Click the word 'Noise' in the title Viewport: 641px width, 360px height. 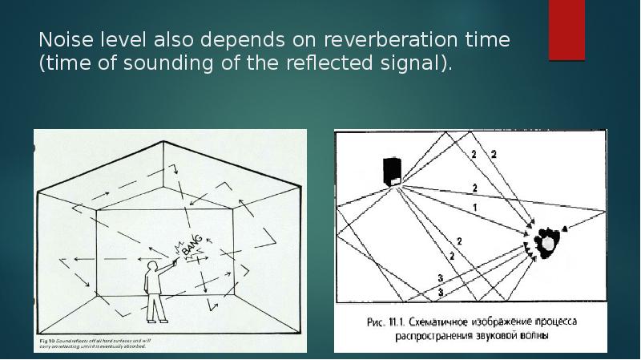pyautogui.click(x=66, y=39)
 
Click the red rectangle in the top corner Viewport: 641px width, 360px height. pyautogui.click(x=566, y=30)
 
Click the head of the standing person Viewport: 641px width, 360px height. pyautogui.click(x=152, y=265)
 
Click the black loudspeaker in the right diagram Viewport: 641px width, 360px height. pyautogui.click(x=393, y=171)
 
